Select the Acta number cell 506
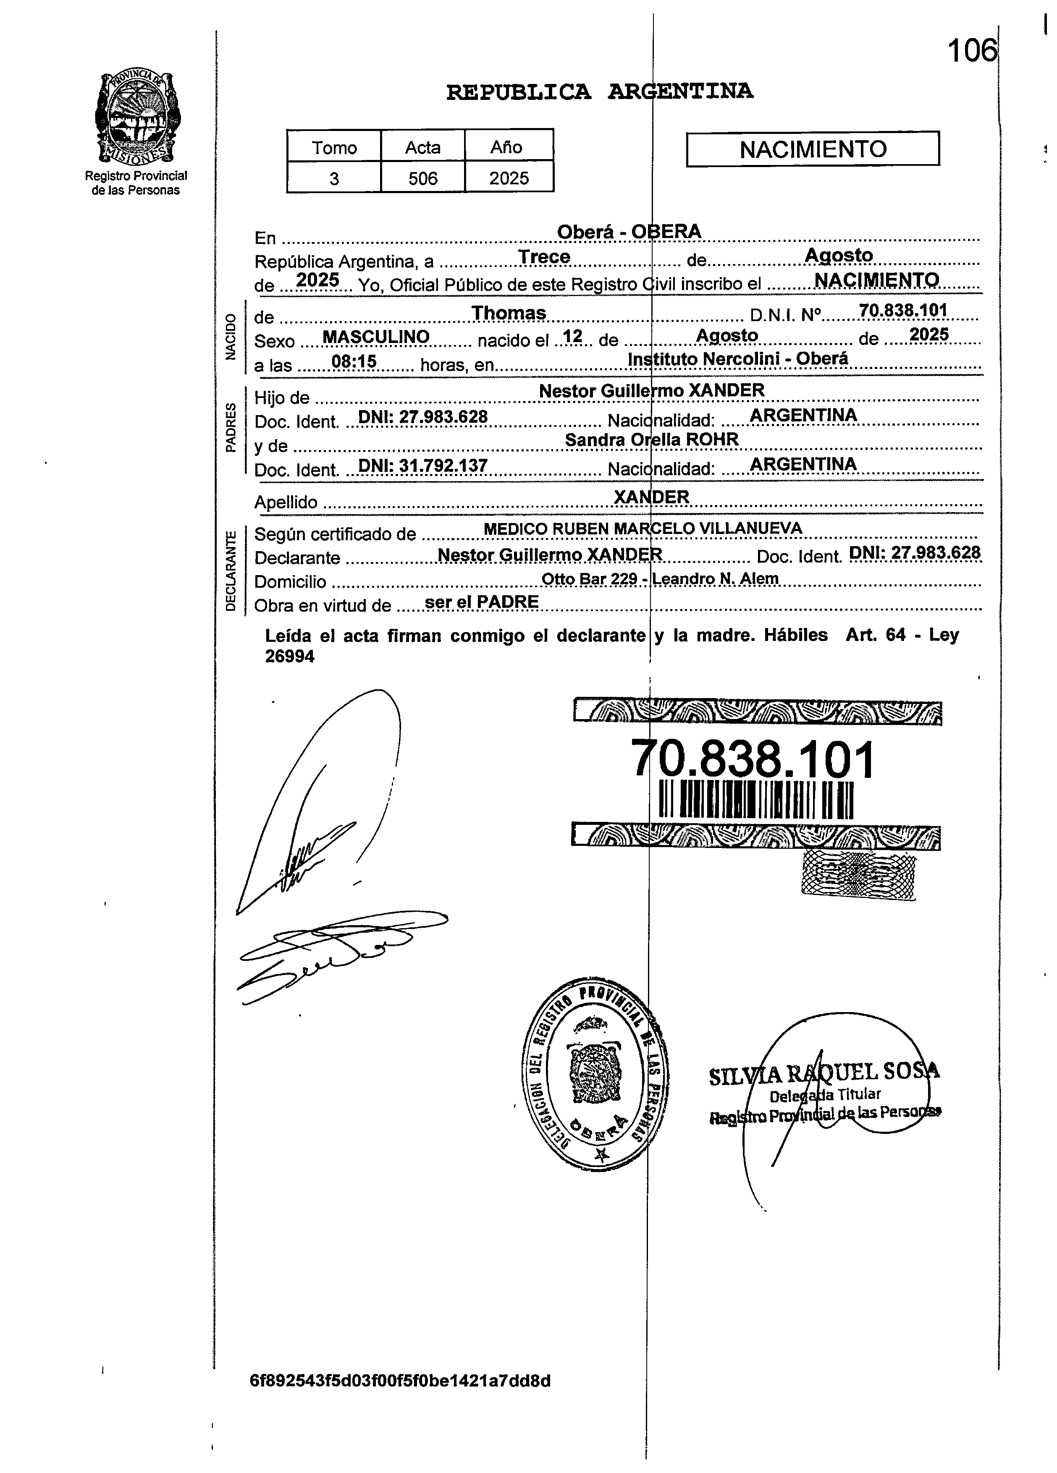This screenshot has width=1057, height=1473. [x=423, y=178]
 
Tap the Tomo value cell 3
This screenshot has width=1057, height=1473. [x=334, y=178]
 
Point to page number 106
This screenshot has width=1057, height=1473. [x=971, y=51]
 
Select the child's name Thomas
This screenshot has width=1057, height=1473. [x=509, y=313]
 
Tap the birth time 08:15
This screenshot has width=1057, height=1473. [x=354, y=361]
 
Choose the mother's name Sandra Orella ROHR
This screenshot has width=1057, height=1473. [x=652, y=440]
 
